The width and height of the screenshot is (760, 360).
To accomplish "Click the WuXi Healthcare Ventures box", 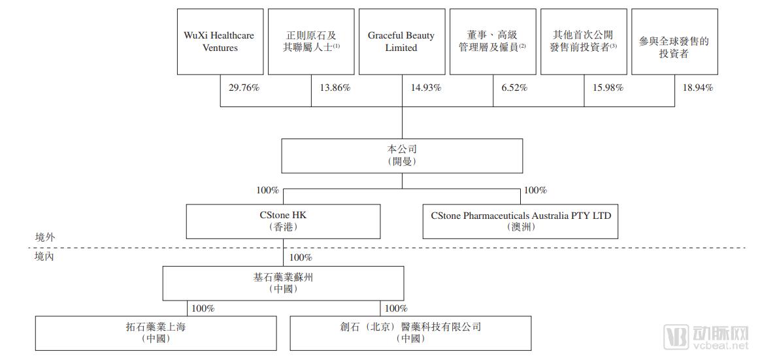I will point(220,41).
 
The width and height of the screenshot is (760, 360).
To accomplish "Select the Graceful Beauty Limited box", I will point(401,41).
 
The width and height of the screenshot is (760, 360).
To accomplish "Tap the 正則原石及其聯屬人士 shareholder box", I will point(311,41).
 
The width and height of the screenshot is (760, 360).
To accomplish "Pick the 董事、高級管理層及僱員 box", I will point(492,41).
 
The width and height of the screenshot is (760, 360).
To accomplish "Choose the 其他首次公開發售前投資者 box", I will point(584,41).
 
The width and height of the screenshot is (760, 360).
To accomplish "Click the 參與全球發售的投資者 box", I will point(674,41).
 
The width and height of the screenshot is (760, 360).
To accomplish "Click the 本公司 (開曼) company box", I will point(402,155).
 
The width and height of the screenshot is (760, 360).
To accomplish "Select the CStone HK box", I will point(283,221).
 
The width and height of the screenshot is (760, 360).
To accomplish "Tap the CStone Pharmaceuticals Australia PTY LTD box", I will point(521,221).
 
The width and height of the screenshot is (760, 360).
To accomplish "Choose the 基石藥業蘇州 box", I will point(284,283).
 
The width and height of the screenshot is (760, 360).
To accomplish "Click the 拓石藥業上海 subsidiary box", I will point(156,333).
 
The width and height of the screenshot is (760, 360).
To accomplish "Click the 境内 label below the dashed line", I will point(44,257).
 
